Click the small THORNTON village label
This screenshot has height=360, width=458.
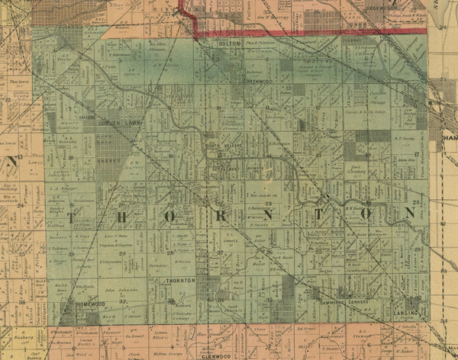point(180,281)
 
